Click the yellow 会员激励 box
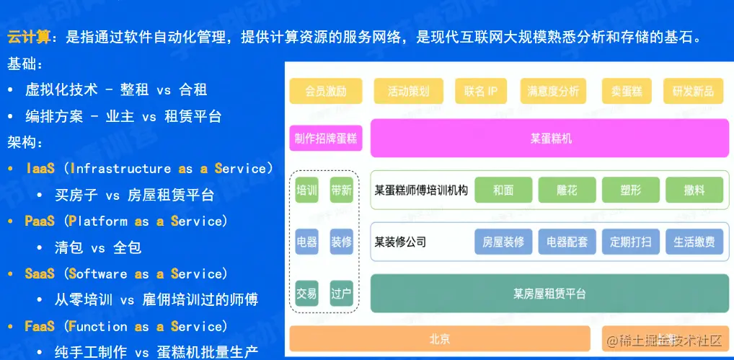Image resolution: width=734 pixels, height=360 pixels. (x=326, y=91)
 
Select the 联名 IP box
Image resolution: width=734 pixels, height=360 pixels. (x=481, y=91)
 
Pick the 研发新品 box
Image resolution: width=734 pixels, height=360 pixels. (x=693, y=91)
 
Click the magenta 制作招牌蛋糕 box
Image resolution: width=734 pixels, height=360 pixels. (x=326, y=138)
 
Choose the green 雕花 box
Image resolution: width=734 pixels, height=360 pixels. (x=567, y=190)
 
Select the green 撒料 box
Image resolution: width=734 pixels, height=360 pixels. (x=694, y=190)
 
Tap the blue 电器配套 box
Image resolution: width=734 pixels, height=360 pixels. (x=567, y=242)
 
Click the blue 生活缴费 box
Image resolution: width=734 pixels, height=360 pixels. (x=694, y=242)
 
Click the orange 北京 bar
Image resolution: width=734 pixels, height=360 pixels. (x=440, y=338)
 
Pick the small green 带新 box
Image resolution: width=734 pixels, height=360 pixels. (x=341, y=190)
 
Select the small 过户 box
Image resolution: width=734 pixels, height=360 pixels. (x=341, y=294)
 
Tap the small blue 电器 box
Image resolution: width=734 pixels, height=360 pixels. (x=306, y=242)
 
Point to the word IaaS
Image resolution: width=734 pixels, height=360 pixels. (x=40, y=169)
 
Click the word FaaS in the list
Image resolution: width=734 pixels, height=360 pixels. (x=40, y=326)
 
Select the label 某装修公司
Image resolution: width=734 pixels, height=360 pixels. (x=401, y=242)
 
